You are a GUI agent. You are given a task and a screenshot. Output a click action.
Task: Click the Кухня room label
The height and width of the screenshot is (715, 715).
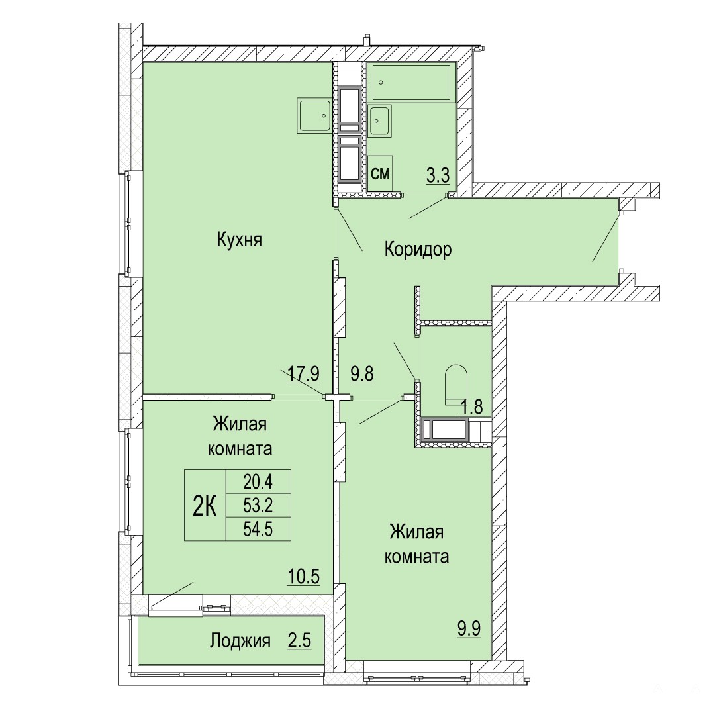point(240,240)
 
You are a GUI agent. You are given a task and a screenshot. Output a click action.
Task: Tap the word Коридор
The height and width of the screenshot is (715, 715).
point(418,250)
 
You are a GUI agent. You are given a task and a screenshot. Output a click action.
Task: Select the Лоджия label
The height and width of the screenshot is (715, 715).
point(240,641)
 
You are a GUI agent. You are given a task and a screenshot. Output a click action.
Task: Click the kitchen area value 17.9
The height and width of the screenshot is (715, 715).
point(304,374)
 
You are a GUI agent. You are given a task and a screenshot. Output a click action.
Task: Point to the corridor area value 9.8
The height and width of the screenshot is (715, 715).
point(362,374)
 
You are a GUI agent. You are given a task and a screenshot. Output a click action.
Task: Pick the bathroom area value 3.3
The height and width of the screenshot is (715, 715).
point(438,175)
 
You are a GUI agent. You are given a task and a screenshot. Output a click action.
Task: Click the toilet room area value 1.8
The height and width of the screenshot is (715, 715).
point(471,406)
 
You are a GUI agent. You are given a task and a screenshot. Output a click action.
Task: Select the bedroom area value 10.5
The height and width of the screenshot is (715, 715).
point(304,577)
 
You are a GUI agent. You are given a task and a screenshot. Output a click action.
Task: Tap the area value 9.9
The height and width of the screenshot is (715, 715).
point(469,629)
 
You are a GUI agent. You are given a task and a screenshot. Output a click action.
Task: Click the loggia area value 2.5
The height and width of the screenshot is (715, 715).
point(300,640)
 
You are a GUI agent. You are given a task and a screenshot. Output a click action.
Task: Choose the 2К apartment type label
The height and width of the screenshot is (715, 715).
point(205,506)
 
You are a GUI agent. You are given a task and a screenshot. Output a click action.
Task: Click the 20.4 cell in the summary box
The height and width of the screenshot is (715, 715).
point(258,481)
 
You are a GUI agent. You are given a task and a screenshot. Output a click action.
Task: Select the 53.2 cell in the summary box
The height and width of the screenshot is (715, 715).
point(258,505)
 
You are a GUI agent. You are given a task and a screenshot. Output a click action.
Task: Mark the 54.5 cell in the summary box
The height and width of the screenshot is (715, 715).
point(258,529)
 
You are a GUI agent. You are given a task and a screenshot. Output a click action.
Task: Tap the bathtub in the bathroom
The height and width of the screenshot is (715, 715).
point(412,83)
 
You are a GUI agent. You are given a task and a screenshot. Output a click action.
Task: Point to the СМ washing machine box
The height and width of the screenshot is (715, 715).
point(380,173)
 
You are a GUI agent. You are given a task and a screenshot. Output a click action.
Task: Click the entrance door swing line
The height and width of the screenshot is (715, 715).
point(606,238)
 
